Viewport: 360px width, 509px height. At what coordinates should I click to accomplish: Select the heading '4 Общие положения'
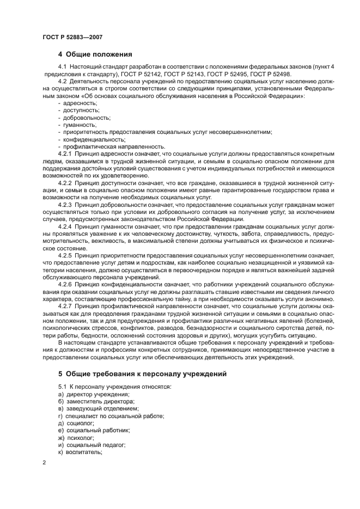click(97, 54)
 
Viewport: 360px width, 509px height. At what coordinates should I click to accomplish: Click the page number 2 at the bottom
click(44, 463)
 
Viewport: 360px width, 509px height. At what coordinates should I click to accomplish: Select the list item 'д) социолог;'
click(76, 422)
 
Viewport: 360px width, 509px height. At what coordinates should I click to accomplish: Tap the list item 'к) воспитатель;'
click(80, 452)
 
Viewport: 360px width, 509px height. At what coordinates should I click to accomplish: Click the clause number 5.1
click(64, 387)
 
